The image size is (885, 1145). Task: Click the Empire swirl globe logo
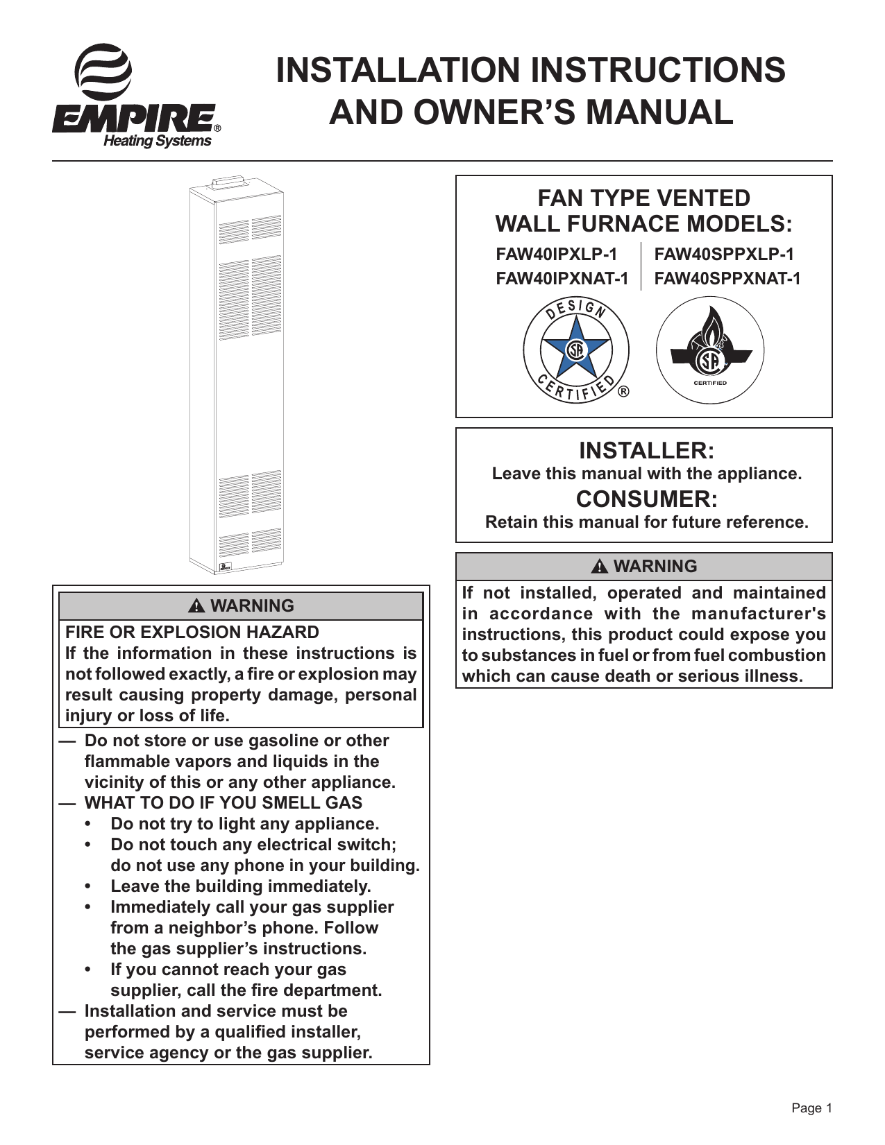pyautogui.click(x=103, y=72)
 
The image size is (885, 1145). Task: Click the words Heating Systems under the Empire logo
pyautogui.click(x=157, y=141)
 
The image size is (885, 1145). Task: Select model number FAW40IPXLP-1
pyautogui.click(x=556, y=255)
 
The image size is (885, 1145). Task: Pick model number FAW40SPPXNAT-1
pyautogui.click(x=727, y=279)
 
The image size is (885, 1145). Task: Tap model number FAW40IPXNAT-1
pyautogui.click(x=562, y=279)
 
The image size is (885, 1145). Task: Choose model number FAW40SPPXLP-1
pyautogui.click(x=724, y=255)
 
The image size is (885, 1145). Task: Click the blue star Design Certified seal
pyautogui.click(x=575, y=351)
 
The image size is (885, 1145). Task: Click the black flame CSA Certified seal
pyautogui.click(x=709, y=351)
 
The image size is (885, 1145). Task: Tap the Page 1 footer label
pyautogui.click(x=811, y=1108)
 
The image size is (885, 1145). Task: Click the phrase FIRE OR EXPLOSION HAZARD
pyautogui.click(x=192, y=632)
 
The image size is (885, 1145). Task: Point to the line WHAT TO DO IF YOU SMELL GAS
pyautogui.click(x=223, y=803)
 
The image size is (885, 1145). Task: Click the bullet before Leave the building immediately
pyautogui.click(x=87, y=887)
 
